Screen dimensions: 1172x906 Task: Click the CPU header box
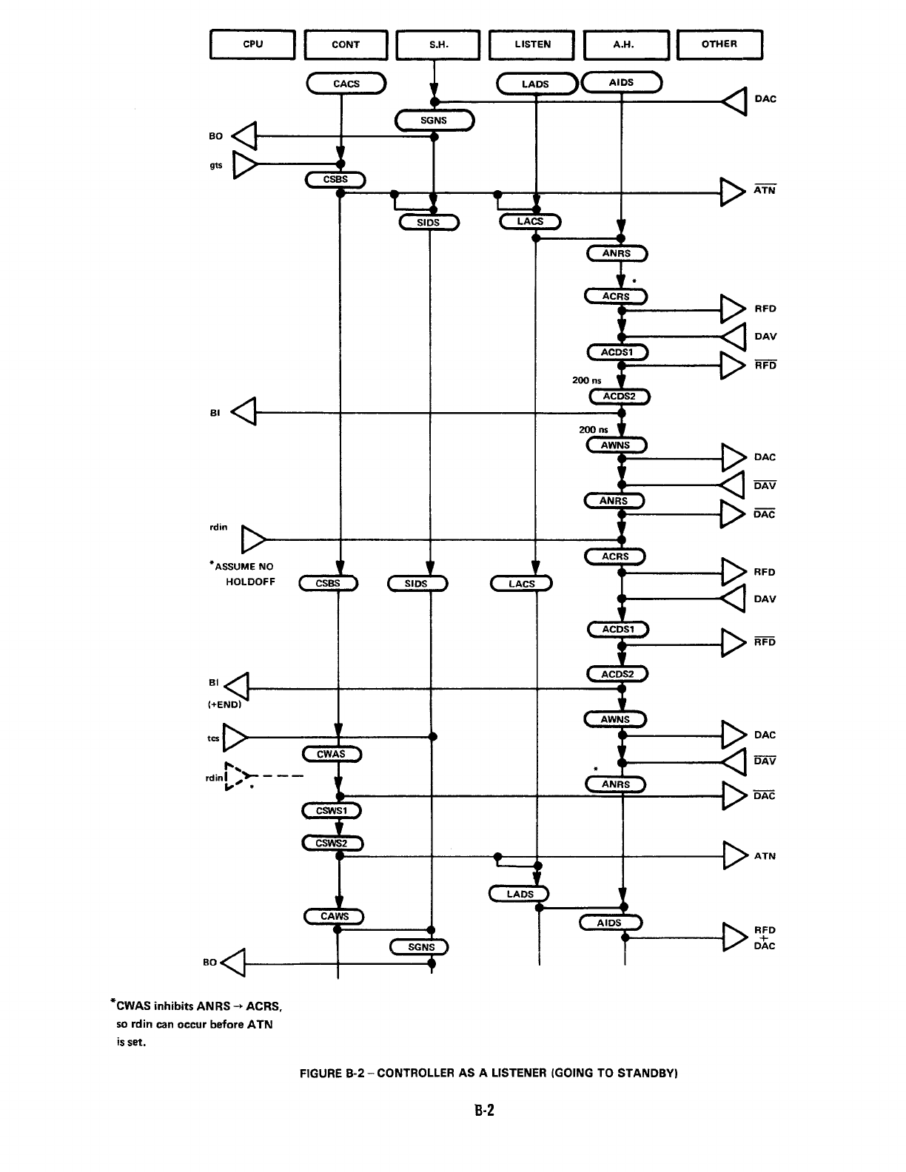point(253,44)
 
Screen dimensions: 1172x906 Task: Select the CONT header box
point(346,44)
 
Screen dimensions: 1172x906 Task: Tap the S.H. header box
point(439,44)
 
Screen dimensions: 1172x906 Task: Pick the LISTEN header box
point(532,44)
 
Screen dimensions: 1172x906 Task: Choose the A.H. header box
point(626,44)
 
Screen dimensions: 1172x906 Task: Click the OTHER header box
point(719,44)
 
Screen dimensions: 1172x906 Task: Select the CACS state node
point(346,84)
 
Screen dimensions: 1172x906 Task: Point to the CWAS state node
point(332,754)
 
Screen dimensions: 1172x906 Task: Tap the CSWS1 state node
point(332,811)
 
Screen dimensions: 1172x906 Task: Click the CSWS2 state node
point(332,843)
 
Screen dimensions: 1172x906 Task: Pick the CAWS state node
point(335,917)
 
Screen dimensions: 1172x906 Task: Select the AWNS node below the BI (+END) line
point(615,719)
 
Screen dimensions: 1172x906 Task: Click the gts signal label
point(216,165)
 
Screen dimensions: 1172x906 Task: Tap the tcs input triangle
point(235,737)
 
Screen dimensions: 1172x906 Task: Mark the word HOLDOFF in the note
point(250,582)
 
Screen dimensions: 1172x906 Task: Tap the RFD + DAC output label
point(765,937)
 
